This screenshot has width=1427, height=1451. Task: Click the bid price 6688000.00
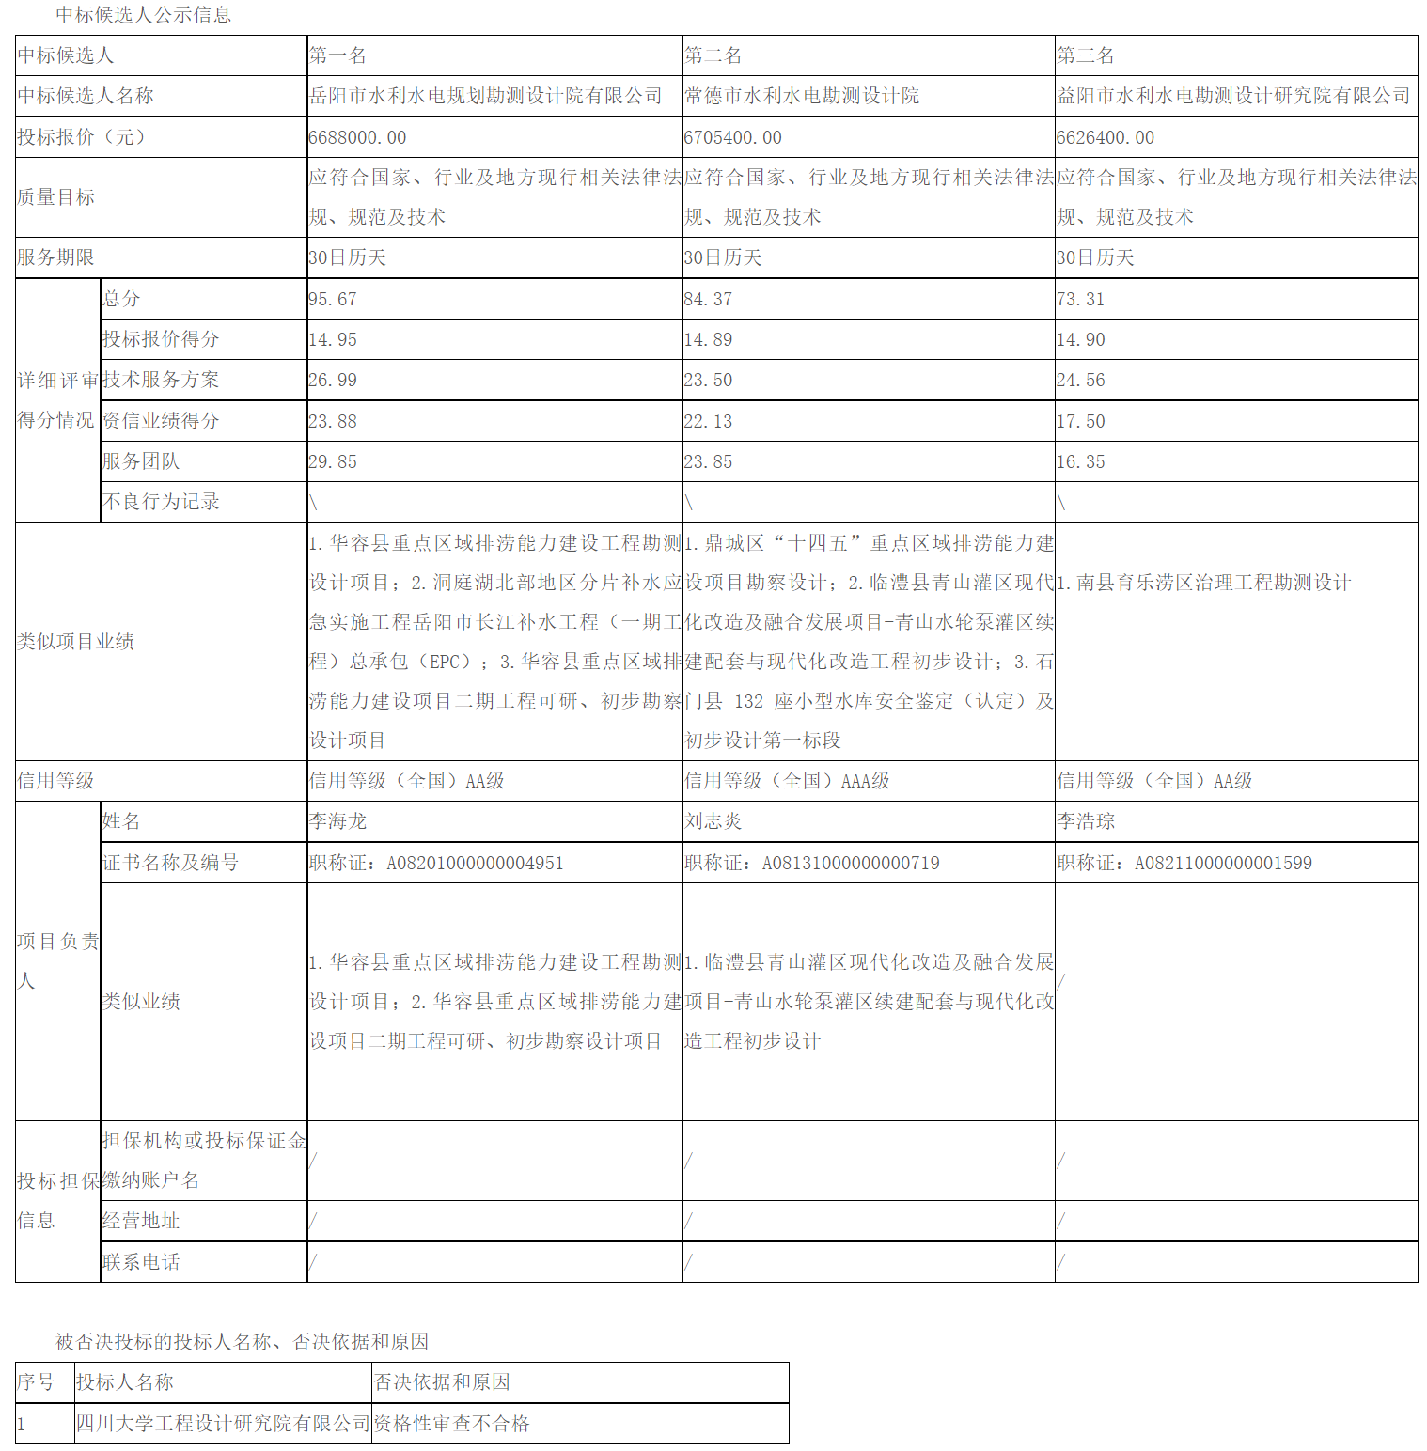pos(357,137)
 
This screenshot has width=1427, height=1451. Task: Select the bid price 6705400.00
pos(732,137)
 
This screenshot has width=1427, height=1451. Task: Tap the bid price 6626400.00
pos(1105,137)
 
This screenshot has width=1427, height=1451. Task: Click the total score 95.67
pos(333,299)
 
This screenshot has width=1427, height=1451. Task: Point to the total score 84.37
pos(708,299)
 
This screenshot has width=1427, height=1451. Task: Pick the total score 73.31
pos(1080,299)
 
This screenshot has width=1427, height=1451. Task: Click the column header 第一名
pos(337,55)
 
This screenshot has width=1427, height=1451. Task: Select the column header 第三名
pos(1086,55)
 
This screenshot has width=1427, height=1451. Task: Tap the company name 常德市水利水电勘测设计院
pos(802,96)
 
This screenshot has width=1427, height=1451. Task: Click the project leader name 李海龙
pos(337,821)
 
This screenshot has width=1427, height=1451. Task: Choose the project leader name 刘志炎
pos(713,821)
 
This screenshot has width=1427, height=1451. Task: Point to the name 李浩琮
pos(1086,821)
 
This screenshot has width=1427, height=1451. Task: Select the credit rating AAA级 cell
pos(787,781)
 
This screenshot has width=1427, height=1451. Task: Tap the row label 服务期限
pos(55,257)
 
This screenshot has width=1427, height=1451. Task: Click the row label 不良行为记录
pos(161,502)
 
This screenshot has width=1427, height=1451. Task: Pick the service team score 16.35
pos(1080,461)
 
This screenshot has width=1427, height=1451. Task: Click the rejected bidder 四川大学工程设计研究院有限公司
pos(223,1424)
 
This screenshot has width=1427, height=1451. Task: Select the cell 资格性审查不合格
pos(452,1424)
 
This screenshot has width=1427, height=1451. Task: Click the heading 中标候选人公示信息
pos(143,15)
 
